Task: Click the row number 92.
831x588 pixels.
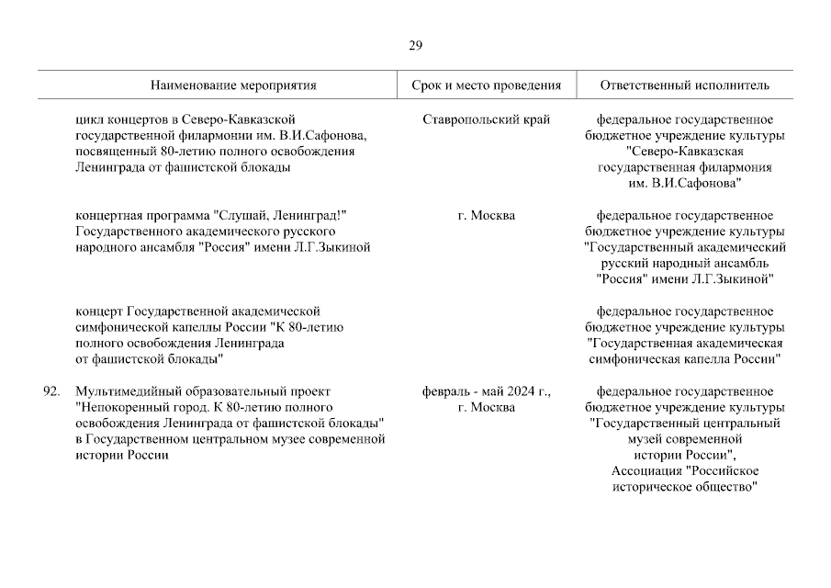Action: click(x=51, y=391)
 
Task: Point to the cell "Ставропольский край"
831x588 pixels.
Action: click(x=488, y=119)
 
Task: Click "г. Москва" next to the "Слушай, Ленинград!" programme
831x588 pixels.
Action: click(x=488, y=215)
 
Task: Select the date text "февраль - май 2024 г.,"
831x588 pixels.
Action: click(x=487, y=391)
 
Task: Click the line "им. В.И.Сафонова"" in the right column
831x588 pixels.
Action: click(x=684, y=184)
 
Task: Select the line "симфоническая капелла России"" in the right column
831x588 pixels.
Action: click(x=684, y=359)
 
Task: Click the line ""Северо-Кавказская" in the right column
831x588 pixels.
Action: click(x=684, y=152)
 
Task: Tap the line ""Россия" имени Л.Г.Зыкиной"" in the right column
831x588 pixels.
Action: click(x=684, y=279)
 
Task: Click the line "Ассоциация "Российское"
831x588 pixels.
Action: click(x=684, y=471)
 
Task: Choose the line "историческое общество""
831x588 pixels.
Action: click(x=684, y=487)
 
